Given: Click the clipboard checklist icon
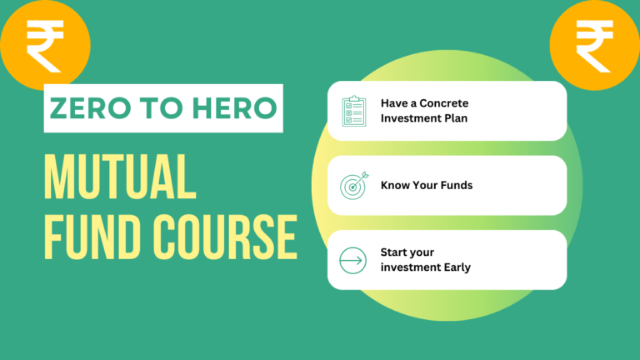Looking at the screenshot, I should click(x=353, y=112).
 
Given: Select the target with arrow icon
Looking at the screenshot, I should click(x=353, y=186).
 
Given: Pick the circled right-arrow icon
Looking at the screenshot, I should click(x=353, y=260).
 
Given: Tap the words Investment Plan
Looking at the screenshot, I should click(x=424, y=119).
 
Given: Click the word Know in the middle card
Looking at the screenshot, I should click(x=395, y=185).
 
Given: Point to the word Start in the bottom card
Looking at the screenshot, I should click(x=395, y=252).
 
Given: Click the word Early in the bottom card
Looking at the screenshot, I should click(x=455, y=267).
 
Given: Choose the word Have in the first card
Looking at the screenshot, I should click(x=393, y=103).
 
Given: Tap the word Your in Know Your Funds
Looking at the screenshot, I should click(x=424, y=185).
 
